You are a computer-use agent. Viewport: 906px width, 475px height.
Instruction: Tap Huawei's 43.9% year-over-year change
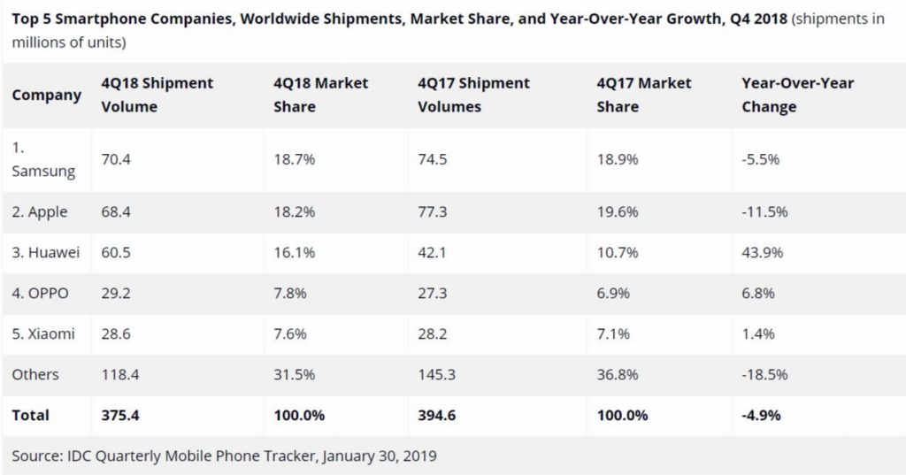(763, 253)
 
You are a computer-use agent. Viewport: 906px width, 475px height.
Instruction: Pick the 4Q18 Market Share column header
(321, 95)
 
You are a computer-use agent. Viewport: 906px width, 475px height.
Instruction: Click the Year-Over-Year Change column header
(798, 95)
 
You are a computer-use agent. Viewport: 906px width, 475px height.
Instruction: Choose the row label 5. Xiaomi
(43, 334)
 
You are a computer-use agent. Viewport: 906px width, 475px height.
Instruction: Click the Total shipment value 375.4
(119, 415)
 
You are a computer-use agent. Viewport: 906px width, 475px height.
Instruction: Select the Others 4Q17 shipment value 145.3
(436, 375)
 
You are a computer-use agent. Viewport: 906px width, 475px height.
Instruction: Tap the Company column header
(46, 95)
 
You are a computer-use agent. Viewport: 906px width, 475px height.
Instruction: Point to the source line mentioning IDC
(224, 456)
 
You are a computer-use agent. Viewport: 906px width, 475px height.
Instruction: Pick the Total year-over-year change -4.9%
(761, 415)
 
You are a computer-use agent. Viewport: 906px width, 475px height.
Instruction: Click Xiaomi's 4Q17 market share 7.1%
(612, 334)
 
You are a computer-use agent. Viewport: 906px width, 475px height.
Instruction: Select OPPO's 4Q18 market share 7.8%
(288, 294)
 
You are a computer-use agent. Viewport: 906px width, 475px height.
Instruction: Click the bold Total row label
(31, 415)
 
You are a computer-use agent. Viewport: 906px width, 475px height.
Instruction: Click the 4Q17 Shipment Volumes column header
(473, 95)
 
